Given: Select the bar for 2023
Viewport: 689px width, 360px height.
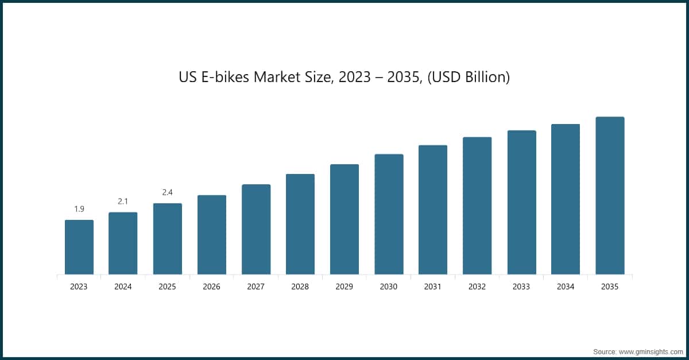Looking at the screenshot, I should click(x=79, y=247).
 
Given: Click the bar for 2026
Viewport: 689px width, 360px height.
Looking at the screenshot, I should click(x=211, y=235).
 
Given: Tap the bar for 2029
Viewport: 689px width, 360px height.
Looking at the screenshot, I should click(x=344, y=219).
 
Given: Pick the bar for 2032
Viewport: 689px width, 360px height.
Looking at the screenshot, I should click(x=477, y=206).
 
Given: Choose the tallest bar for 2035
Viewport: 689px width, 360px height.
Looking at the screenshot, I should click(x=610, y=195).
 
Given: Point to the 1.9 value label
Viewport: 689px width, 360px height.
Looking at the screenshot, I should click(x=79, y=208).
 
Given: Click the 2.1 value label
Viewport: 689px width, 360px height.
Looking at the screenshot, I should click(x=123, y=201).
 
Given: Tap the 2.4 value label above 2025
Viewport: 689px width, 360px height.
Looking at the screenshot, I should click(x=167, y=192).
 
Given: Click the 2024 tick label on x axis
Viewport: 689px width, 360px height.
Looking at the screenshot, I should click(x=123, y=287).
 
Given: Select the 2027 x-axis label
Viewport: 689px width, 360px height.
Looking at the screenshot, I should click(x=256, y=287).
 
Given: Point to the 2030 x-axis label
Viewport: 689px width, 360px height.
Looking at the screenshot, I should click(x=389, y=287).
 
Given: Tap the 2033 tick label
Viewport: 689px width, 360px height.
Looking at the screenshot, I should click(x=521, y=287).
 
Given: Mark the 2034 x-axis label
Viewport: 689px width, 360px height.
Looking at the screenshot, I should click(x=566, y=287).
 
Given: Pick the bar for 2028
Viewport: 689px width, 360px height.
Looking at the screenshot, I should click(x=300, y=224).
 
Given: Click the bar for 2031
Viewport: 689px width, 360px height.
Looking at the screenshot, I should click(x=433, y=210).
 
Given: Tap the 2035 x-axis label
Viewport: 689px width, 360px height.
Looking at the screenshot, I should click(x=610, y=287).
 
